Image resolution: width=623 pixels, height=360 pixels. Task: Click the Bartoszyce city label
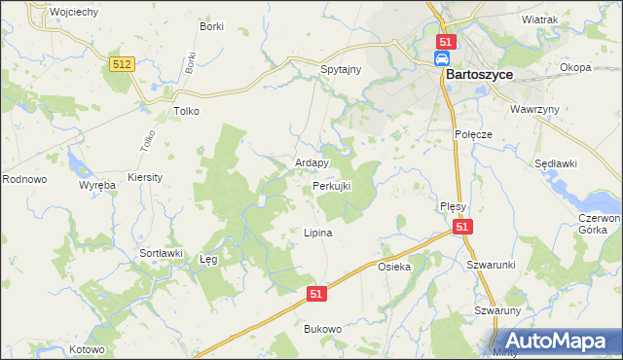(479, 74)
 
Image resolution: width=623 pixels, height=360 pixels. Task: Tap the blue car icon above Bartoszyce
(441, 59)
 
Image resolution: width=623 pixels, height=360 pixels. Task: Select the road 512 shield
(122, 63)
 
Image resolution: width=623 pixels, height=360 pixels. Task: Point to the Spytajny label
(342, 71)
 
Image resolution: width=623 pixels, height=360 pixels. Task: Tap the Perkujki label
(332, 185)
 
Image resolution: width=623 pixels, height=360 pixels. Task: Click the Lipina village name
(318, 234)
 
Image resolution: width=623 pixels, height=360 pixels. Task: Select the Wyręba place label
(97, 184)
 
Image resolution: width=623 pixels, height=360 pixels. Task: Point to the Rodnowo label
(24, 179)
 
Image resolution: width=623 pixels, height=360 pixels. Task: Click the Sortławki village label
(162, 253)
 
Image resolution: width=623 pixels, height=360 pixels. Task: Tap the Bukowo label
(323, 330)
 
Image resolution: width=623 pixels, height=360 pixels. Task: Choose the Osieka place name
(394, 267)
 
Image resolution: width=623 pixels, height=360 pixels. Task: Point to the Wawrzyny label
(535, 109)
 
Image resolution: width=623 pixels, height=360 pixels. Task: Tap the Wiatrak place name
(539, 19)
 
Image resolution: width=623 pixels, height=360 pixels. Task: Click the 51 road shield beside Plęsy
(462, 227)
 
